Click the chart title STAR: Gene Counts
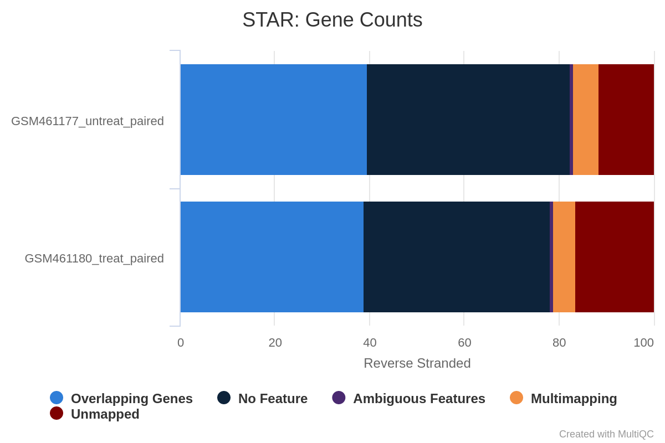[332, 20]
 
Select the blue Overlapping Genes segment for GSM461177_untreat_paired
[274, 120]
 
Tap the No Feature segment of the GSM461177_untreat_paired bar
[468, 120]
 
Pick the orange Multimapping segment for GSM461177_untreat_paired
[586, 120]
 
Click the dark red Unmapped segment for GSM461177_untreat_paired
[626, 120]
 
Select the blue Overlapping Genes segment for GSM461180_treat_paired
[272, 257]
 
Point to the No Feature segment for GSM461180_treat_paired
[457, 257]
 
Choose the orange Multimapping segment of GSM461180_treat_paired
[564, 257]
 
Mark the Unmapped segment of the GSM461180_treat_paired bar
[615, 257]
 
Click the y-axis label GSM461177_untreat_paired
[88, 121]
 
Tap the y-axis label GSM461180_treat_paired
[94, 259]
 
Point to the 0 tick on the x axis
[181, 343]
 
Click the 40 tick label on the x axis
[370, 343]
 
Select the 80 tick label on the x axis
[559, 343]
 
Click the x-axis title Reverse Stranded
[417, 363]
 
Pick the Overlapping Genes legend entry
[121, 398]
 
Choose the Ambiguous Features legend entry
[408, 398]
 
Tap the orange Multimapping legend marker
[516, 398]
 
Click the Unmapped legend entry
[95, 414]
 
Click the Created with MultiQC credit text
[606, 434]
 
